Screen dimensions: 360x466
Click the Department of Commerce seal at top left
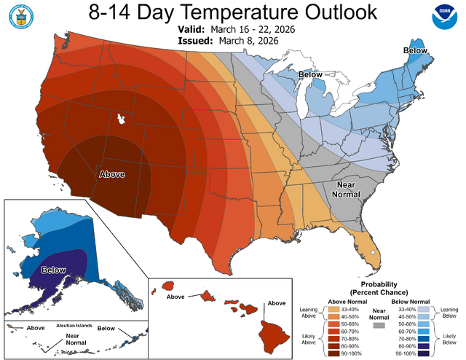point(22,20)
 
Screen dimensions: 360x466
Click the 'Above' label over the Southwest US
point(111,174)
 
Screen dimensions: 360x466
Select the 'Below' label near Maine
point(417,50)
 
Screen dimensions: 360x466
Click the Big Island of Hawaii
point(272,334)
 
